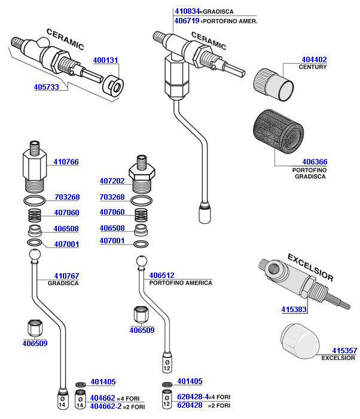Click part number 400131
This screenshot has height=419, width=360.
[106, 60]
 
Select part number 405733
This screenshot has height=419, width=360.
[46, 87]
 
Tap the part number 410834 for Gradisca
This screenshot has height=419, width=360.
[187, 11]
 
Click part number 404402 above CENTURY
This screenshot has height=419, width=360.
[314, 59]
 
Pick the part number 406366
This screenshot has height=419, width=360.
[315, 162]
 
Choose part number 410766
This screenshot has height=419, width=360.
[66, 162]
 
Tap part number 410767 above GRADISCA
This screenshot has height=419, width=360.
[66, 276]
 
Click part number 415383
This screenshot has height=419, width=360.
[294, 310]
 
